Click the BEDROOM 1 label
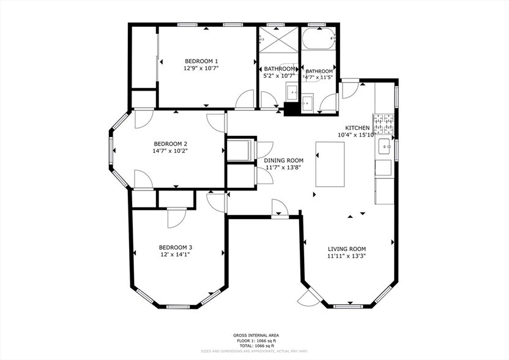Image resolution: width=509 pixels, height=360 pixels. point(201,61)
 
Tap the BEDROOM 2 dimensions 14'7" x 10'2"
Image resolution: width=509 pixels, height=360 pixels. point(170,150)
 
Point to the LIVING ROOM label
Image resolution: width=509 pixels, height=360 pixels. point(347,249)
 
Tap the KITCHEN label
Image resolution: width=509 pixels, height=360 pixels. point(357,127)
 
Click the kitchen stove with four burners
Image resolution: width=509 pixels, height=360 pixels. point(383,124)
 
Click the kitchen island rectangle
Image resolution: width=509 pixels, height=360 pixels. point(330,163)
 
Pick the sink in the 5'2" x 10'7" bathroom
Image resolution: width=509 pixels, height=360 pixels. point(292,93)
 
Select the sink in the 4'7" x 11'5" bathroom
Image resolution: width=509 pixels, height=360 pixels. point(307,102)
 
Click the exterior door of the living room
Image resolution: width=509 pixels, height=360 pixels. point(307,298)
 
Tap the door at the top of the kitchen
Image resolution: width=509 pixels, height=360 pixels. point(349,91)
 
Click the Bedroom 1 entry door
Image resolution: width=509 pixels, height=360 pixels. point(245,100)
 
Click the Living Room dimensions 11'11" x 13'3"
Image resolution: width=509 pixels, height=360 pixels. point(347,256)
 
